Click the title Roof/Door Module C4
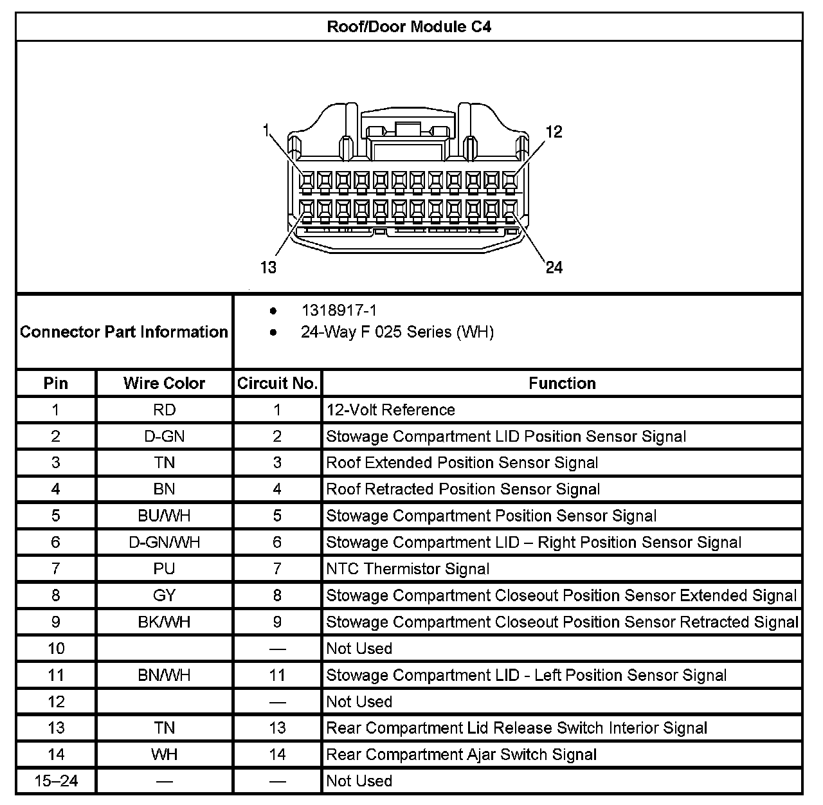410,27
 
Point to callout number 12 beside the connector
553,132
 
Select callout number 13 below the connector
268,267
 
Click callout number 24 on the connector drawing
554,267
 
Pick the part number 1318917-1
339,311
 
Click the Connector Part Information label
124,332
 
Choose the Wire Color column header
164,383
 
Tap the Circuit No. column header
277,383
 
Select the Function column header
562,383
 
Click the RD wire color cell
164,410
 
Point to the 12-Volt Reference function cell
390,410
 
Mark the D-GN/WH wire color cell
164,543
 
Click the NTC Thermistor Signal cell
408,569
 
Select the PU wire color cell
164,569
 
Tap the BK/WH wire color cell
164,622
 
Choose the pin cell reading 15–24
56,781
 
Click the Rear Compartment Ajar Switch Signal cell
461,755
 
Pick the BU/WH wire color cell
164,516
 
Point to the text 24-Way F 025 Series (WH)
397,332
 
